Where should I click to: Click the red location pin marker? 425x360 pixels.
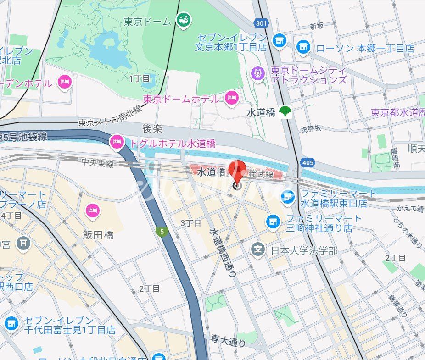click(237, 172)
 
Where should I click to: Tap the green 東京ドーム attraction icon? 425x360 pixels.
click(184, 20)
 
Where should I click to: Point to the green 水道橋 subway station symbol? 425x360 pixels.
click(286, 111)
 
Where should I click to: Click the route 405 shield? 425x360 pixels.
click(308, 163)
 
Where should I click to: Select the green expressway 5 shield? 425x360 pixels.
click(162, 232)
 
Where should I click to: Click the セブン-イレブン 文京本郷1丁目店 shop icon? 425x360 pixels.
click(279, 40)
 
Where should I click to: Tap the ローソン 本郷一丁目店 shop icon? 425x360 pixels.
click(303, 46)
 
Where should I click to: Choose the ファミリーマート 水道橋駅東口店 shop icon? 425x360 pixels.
click(288, 197)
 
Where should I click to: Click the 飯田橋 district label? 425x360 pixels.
click(98, 235)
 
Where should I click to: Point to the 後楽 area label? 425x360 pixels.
click(153, 129)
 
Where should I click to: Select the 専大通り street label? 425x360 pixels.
click(228, 340)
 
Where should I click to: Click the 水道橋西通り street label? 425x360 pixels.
click(223, 253)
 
